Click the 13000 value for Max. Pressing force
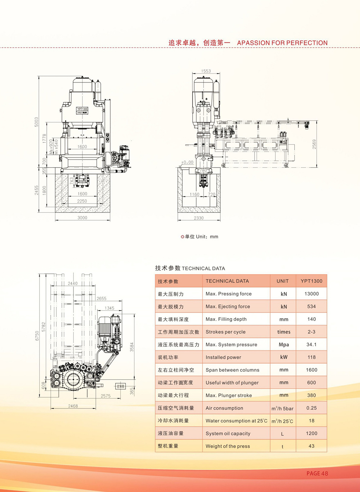[311, 294]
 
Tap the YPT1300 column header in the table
[311, 281]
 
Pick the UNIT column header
[283, 281]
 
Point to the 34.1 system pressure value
[311, 344]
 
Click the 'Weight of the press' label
[228, 446]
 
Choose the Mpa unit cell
[284, 345]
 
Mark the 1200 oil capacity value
[311, 433]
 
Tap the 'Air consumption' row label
[224, 408]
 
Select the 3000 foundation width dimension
[82, 218]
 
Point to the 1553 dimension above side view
[206, 71]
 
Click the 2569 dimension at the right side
[314, 144]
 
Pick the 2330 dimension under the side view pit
[199, 218]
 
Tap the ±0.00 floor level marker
[188, 162]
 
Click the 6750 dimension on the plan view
[37, 336]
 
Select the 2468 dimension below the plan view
[73, 406]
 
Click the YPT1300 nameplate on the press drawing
[82, 109]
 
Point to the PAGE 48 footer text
[317, 473]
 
